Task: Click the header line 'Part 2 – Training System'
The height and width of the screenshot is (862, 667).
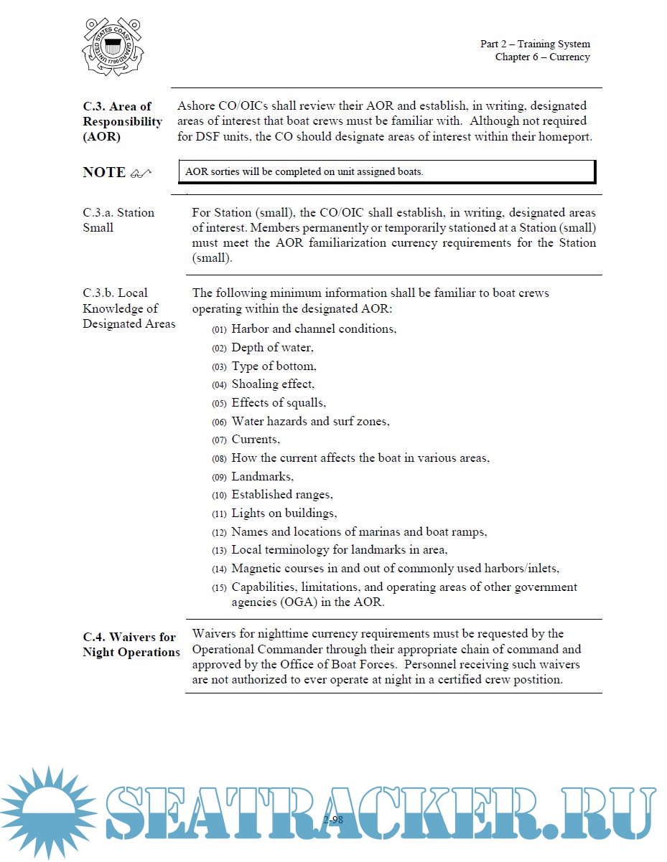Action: coord(535,44)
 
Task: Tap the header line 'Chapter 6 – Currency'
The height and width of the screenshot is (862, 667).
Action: coord(542,57)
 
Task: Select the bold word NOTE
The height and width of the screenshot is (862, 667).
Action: coord(104,173)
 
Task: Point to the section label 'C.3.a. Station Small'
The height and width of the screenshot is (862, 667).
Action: coord(118,220)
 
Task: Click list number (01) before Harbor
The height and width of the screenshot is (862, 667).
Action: coord(219,330)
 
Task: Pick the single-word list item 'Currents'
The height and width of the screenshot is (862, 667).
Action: coord(256,440)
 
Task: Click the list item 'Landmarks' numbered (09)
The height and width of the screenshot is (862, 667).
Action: coord(262,477)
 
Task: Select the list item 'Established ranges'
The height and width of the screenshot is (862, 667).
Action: coord(281,495)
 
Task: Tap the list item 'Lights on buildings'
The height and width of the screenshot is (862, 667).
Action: coord(284,513)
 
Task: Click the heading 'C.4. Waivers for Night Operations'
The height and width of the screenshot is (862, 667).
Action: coord(131,645)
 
